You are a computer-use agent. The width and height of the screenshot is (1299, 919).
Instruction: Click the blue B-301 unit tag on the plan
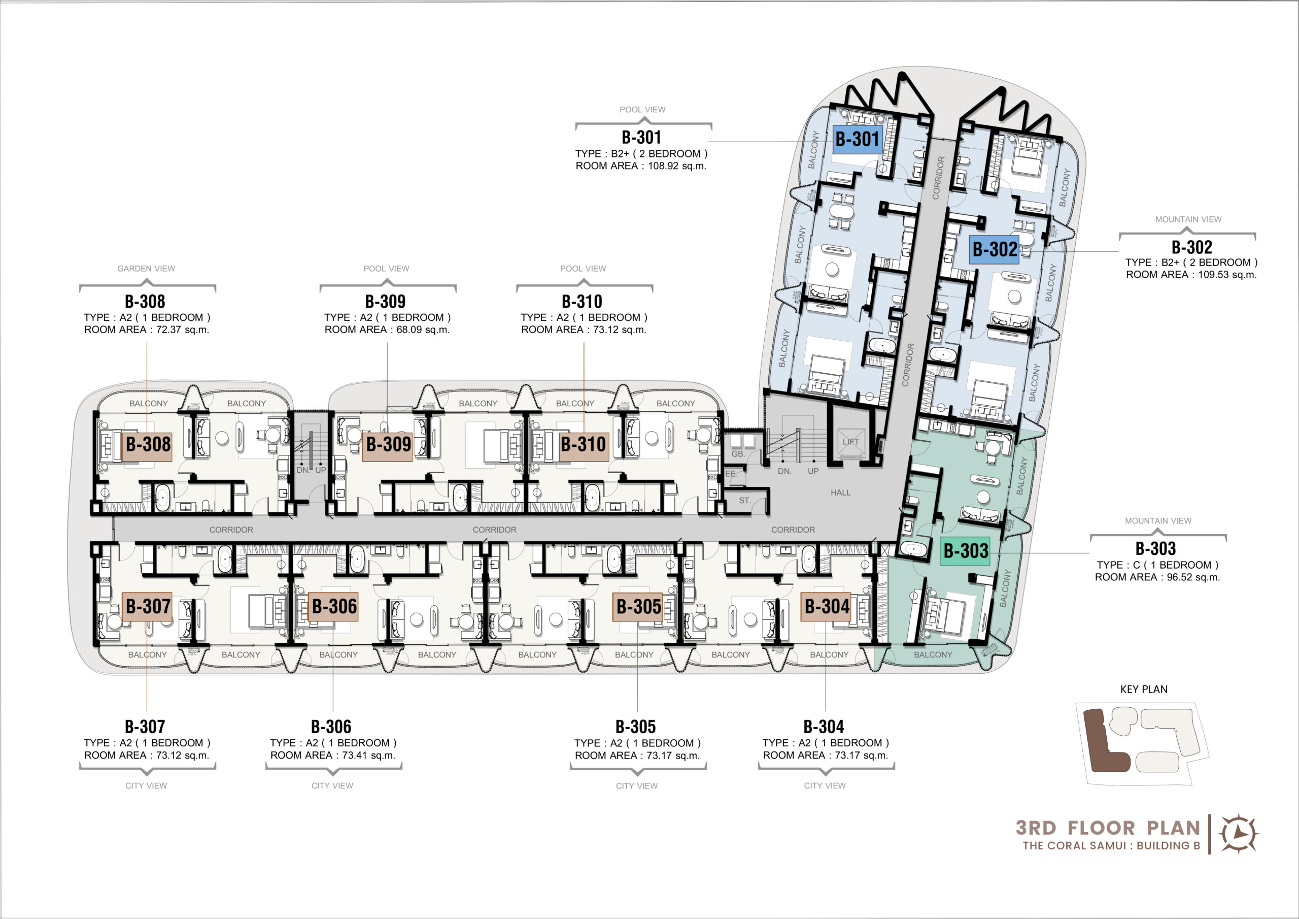coord(857,139)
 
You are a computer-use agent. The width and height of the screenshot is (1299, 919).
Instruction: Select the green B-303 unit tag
coord(965,550)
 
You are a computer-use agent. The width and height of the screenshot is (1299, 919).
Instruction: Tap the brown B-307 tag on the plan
coord(148,606)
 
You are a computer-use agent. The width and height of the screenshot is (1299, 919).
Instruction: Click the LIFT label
coord(850,442)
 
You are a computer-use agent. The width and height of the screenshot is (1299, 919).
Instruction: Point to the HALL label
coord(840,493)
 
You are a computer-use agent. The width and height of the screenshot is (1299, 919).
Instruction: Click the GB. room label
coord(738,453)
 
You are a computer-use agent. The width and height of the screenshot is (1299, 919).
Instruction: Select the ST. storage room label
coord(745,501)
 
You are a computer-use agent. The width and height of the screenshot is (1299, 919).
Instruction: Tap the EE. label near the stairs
coord(731,473)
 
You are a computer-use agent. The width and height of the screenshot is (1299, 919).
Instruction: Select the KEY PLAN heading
coord(1143,689)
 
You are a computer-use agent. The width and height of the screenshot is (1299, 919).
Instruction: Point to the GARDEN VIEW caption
coord(146,269)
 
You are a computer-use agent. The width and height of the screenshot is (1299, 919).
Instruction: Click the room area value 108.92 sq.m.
coord(677,166)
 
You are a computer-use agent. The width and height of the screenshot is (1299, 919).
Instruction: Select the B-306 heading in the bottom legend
coord(331,727)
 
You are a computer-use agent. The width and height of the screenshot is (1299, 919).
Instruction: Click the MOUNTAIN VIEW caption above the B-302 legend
coord(1188,219)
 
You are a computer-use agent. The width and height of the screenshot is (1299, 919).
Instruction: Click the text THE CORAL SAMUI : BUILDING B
coord(1111,845)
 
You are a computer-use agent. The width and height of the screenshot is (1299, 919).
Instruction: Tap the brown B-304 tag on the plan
coord(827,606)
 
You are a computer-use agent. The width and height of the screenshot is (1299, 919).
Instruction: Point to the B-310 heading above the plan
coord(582,301)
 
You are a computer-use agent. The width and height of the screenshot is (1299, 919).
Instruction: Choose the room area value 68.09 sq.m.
coord(423,330)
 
